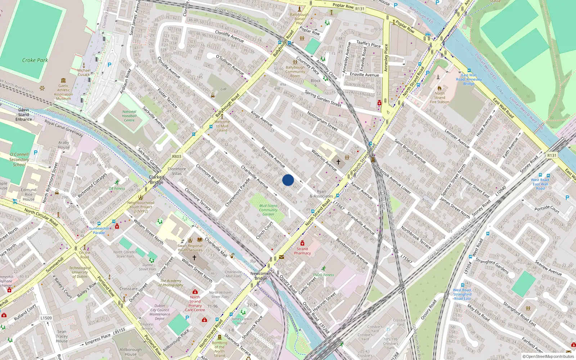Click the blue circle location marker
[x=288, y=180]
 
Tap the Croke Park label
[x=35, y=60]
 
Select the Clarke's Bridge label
[x=157, y=180]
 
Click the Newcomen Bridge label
[x=261, y=276]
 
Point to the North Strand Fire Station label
[x=440, y=98]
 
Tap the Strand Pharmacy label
[x=302, y=251]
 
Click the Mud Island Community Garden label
[x=268, y=210]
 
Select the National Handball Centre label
[x=129, y=116]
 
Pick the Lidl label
[x=224, y=89]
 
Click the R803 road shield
[x=177, y=157]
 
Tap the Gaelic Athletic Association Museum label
[x=63, y=92]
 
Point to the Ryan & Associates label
[x=321, y=194]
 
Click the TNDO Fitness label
[x=323, y=275]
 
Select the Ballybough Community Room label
[x=295, y=72]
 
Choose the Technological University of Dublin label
[x=80, y=272]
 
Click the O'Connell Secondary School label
[x=19, y=159]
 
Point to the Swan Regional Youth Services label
[x=190, y=248]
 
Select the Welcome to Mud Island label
[x=222, y=126]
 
